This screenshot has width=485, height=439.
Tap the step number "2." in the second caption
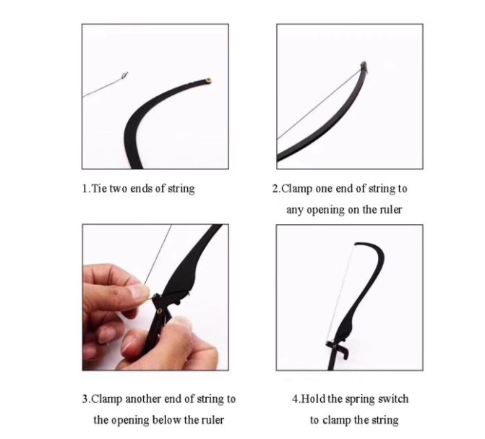click(x=276, y=188)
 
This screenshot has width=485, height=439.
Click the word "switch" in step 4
click(x=393, y=398)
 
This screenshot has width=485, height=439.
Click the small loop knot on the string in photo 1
click(x=124, y=75)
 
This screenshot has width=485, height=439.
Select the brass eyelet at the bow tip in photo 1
click(x=209, y=81)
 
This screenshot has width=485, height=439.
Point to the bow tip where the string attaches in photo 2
click(x=364, y=66)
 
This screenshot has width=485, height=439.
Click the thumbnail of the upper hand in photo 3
click(x=139, y=291)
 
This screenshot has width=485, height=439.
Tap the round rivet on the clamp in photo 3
click(x=159, y=311)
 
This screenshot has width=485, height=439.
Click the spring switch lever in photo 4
click(x=343, y=351)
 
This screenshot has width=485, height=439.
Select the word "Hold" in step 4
click(x=313, y=398)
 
